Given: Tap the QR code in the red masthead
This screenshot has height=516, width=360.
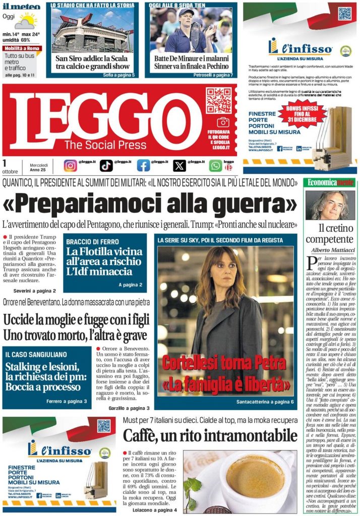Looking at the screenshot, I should point(218,100).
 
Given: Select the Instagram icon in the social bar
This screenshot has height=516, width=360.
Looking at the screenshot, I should point(71,165).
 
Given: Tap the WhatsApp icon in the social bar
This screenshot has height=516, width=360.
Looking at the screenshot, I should point(215,165).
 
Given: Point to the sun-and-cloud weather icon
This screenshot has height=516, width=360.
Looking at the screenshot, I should point(25,21).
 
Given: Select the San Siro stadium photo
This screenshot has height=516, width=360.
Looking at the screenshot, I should point(92,30).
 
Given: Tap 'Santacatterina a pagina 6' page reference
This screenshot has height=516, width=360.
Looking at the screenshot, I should point(264,402).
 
